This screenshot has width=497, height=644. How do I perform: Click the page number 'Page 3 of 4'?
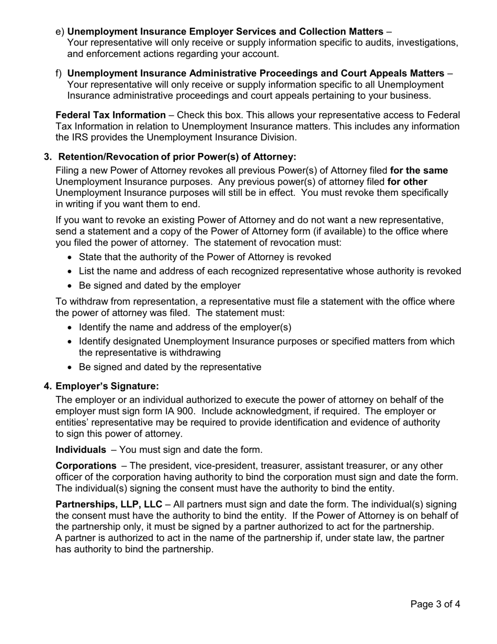[x=435, y=604]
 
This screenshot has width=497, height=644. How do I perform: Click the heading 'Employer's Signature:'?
[x=107, y=386]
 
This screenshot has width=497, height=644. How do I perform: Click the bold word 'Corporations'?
[x=86, y=465]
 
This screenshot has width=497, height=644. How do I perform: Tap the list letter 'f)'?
[x=59, y=73]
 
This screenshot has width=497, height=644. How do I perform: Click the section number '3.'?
[x=48, y=157]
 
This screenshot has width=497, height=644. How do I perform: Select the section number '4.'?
[x=48, y=386]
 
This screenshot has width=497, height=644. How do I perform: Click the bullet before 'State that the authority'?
[x=71, y=258]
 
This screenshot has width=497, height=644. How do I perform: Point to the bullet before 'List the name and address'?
[x=71, y=272]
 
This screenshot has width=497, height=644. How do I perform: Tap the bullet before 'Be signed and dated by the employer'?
[x=71, y=286]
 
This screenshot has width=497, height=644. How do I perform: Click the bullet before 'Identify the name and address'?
[x=71, y=328]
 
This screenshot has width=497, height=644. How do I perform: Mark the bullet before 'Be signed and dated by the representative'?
[x=71, y=368]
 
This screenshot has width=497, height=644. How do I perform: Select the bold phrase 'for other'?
[x=407, y=182]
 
